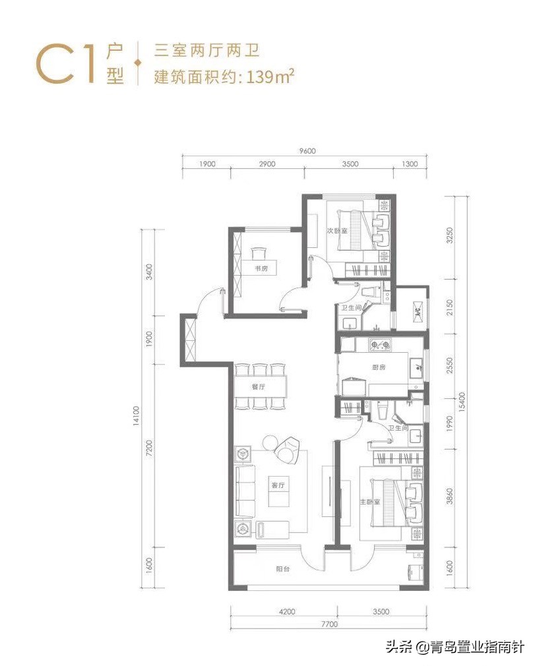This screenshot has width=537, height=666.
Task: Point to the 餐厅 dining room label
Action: pos(258,388)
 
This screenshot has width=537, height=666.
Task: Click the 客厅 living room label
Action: pos(278,485)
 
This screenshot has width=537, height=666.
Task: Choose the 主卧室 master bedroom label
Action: pos(369,502)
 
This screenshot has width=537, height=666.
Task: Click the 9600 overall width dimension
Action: pos(307,150)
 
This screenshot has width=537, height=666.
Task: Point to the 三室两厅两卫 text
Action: pos(196,50)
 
